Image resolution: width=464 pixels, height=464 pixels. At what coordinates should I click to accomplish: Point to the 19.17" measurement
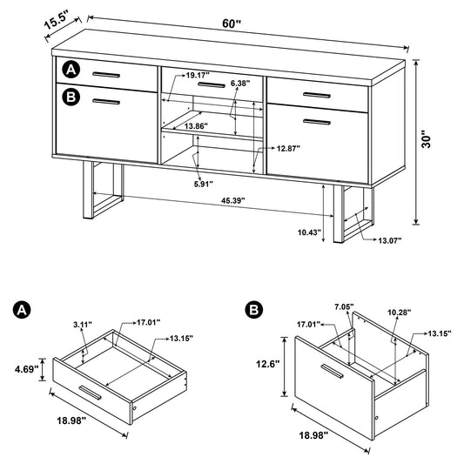[198, 75]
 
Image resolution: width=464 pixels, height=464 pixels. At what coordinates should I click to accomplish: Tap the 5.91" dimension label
[202, 184]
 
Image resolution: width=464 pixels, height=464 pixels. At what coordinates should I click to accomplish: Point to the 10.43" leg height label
[309, 233]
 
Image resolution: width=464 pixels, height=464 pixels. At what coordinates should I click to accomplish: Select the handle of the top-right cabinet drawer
[315, 92]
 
